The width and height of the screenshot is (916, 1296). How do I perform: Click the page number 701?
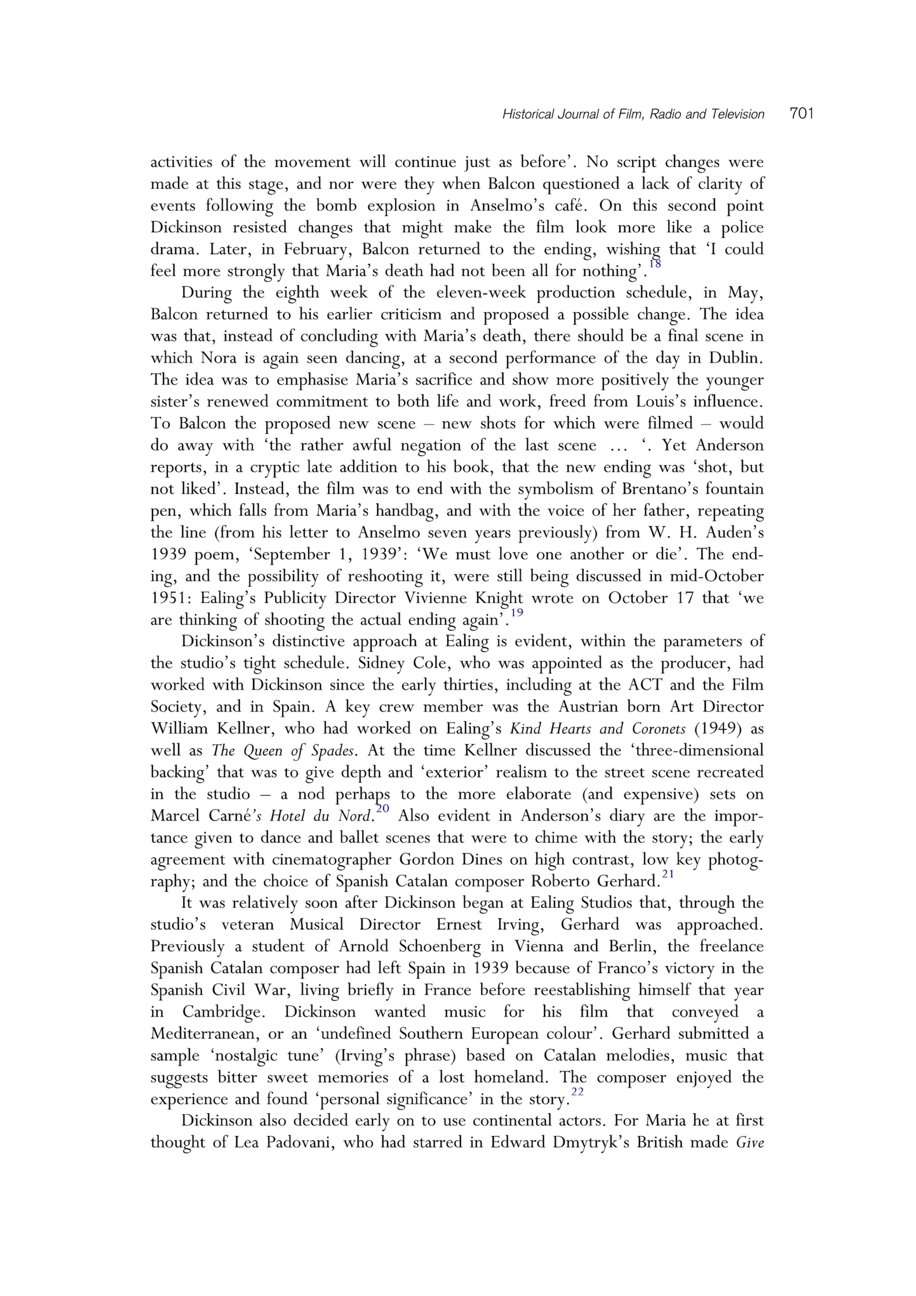(x=802, y=114)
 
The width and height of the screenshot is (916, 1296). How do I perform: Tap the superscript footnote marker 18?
(x=655, y=264)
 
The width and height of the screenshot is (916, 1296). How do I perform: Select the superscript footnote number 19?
(x=516, y=613)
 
